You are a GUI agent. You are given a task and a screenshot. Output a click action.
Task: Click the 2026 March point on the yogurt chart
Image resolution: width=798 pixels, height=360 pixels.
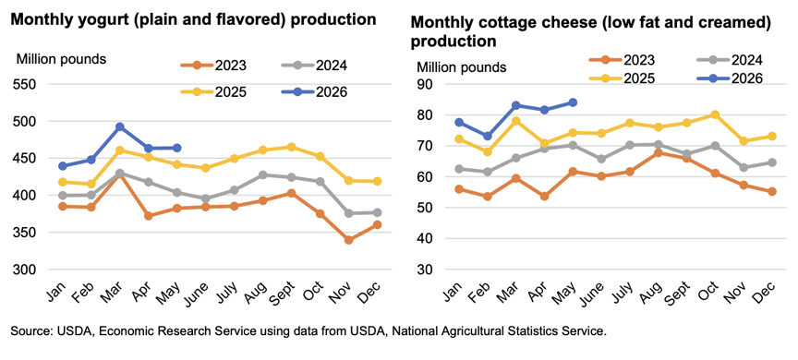[120, 126]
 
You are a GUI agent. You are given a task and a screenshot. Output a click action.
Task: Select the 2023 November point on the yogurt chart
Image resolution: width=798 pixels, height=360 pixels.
[348, 240]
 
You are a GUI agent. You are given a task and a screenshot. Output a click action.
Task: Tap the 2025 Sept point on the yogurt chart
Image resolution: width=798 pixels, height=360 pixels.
[291, 147]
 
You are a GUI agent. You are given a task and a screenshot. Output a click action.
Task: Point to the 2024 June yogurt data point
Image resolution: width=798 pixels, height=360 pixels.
[206, 198]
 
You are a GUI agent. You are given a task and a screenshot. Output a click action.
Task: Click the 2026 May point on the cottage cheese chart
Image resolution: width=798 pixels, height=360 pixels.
[573, 102]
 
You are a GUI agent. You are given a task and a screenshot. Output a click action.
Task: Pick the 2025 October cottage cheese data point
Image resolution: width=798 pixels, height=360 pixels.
[715, 114]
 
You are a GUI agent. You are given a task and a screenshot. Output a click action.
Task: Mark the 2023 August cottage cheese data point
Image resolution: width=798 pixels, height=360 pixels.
[658, 152]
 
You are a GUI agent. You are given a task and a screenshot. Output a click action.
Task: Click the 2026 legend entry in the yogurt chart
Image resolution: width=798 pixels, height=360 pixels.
[314, 92]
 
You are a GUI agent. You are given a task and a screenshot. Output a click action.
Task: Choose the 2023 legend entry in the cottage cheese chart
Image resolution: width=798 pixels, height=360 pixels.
[622, 61]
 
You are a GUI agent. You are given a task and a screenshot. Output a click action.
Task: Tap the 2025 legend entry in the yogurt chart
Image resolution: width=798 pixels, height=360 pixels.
[213, 92]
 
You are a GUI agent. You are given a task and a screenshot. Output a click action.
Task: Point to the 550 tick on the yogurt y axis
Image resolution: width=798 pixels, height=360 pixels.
[23, 84]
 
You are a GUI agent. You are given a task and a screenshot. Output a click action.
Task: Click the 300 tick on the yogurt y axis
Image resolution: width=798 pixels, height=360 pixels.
[23, 270]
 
